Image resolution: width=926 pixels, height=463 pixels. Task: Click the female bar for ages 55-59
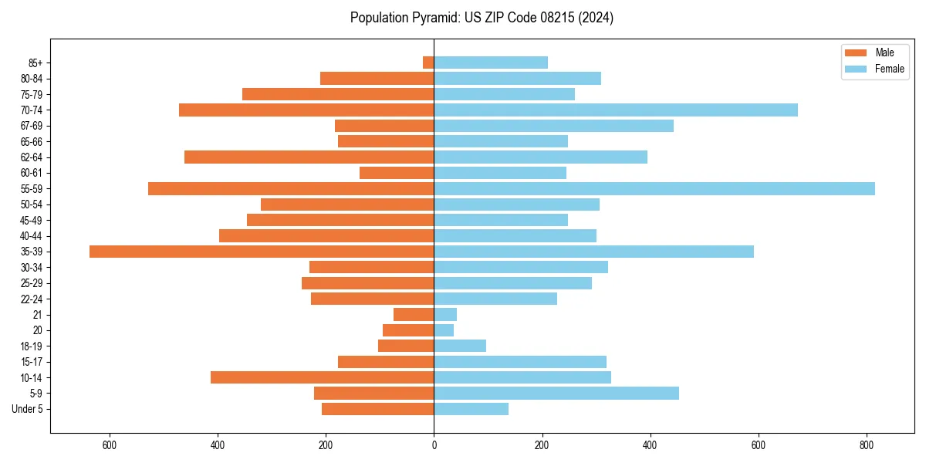click(x=654, y=188)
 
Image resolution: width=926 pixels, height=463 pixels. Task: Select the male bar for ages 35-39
click(x=262, y=252)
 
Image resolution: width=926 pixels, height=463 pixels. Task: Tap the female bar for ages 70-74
click(x=616, y=110)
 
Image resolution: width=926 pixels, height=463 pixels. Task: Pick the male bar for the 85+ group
click(x=428, y=63)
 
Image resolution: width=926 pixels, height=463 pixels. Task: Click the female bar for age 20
click(x=444, y=330)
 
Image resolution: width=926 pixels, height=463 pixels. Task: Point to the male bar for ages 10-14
click(x=322, y=377)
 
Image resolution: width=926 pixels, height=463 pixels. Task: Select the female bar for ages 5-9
click(x=556, y=394)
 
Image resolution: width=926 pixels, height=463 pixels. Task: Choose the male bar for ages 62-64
click(x=309, y=157)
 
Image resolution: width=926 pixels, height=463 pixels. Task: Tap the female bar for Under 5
click(x=471, y=409)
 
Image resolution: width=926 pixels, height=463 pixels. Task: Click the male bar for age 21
click(x=414, y=314)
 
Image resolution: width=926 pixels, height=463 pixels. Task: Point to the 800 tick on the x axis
click(x=867, y=445)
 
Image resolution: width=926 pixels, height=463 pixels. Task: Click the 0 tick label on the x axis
click(x=434, y=445)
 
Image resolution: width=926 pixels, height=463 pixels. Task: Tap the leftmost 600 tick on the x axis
click(x=109, y=445)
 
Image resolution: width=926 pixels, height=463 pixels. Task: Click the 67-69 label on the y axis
click(x=32, y=126)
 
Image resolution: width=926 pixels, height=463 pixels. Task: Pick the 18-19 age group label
click(x=32, y=346)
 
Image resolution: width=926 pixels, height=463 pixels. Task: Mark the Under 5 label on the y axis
click(x=28, y=409)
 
